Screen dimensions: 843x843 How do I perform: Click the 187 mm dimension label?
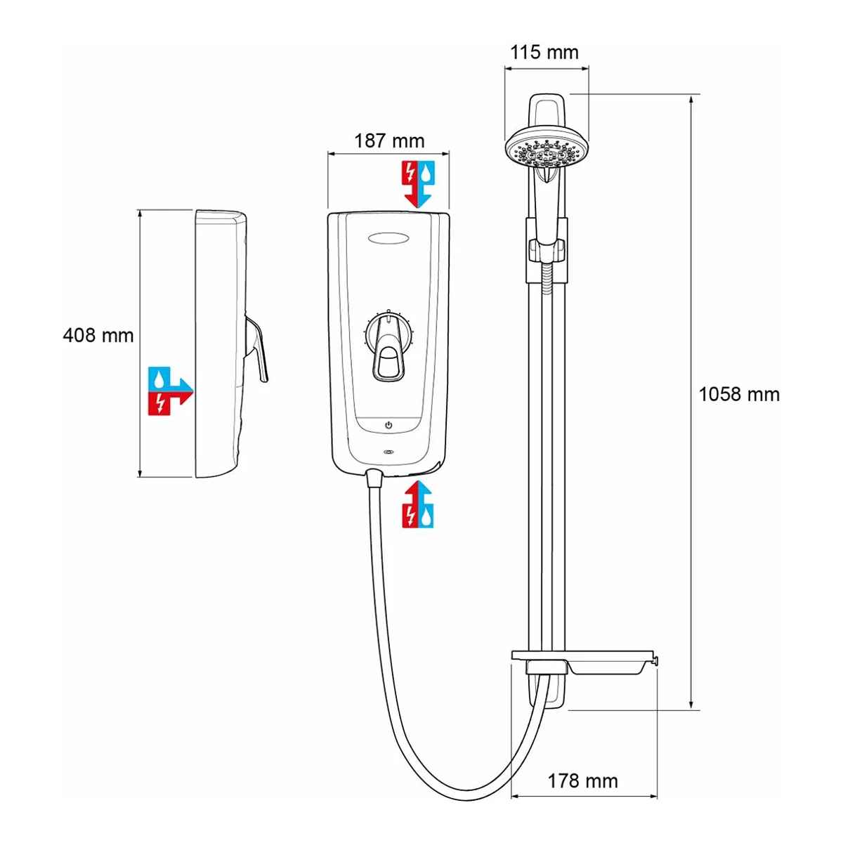pyautogui.click(x=388, y=140)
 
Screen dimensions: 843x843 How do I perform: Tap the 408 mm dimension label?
pyautogui.click(x=98, y=335)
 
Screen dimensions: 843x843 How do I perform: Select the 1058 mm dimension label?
pyautogui.click(x=739, y=394)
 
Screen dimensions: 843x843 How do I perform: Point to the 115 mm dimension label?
pyautogui.click(x=544, y=53)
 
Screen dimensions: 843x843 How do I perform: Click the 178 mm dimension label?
pyautogui.click(x=582, y=780)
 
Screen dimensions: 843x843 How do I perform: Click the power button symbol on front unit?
pyautogui.click(x=388, y=426)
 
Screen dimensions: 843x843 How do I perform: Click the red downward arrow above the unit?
pyautogui.click(x=409, y=182)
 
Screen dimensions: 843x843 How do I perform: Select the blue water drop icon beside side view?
pyautogui.click(x=162, y=379)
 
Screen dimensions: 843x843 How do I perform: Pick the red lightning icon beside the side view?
pyautogui.click(x=161, y=403)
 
